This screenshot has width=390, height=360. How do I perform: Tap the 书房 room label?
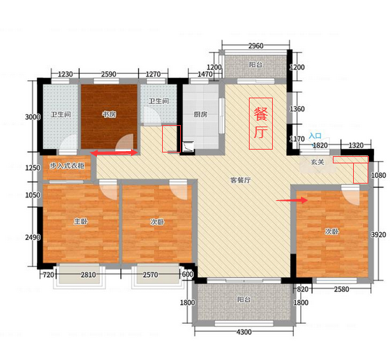tap(109, 114)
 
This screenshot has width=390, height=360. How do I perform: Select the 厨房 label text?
tap(200, 114)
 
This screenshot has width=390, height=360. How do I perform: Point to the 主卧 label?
tap(81, 221)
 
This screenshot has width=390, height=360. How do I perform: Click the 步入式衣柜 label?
tap(67, 166)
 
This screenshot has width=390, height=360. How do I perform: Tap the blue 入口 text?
tap(315, 136)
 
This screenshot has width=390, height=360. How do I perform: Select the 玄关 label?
tap(318, 162)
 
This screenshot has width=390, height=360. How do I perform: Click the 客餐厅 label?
tap(240, 180)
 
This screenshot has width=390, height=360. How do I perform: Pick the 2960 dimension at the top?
tap(255, 46)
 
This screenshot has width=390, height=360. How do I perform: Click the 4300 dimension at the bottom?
tap(244, 333)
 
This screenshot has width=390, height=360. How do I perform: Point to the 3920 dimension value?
tap(378, 234)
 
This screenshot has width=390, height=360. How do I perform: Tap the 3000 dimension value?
tap(33, 117)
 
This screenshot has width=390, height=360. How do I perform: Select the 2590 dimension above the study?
tap(109, 74)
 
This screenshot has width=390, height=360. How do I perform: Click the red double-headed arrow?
tap(114, 153)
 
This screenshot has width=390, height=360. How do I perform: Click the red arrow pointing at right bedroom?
tap(292, 200)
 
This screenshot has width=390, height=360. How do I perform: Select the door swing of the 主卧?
tap(109, 189)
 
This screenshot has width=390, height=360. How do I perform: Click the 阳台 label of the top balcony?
tap(255, 65)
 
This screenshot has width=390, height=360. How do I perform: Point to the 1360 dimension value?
tap(297, 109)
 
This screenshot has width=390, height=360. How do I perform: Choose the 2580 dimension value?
tap(342, 289)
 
